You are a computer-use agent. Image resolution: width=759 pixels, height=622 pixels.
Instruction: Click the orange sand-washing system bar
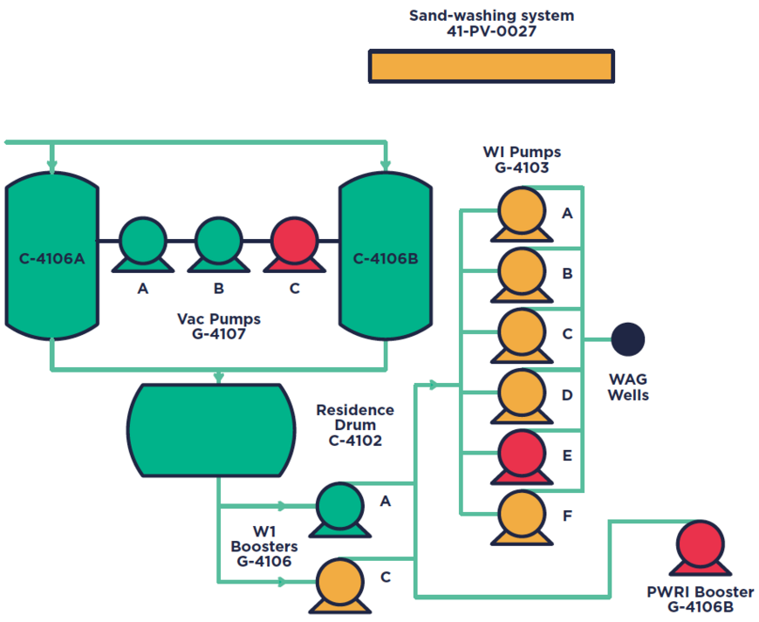pos(491,66)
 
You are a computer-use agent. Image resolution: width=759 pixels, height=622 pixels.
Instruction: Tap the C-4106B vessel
pos(386,258)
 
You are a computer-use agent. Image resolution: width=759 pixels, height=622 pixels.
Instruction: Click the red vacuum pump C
pos(294,242)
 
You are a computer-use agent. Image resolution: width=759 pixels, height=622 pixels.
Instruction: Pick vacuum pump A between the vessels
pos(142,242)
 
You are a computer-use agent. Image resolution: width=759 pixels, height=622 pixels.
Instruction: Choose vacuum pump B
pos(218,242)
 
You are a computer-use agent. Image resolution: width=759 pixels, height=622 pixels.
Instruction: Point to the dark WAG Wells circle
pos(628,338)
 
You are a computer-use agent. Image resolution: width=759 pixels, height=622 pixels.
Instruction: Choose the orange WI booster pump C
pos(339,582)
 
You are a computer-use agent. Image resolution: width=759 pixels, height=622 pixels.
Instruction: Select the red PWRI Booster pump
pos(700,545)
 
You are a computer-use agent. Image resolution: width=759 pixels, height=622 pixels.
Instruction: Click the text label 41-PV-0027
pos(491,31)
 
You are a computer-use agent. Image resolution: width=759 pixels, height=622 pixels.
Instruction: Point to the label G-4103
pos(522,167)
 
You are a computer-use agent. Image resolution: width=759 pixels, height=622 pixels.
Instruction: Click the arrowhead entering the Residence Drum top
pos(218,377)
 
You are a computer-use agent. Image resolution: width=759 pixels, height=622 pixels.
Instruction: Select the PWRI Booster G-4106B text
pos(700,599)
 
